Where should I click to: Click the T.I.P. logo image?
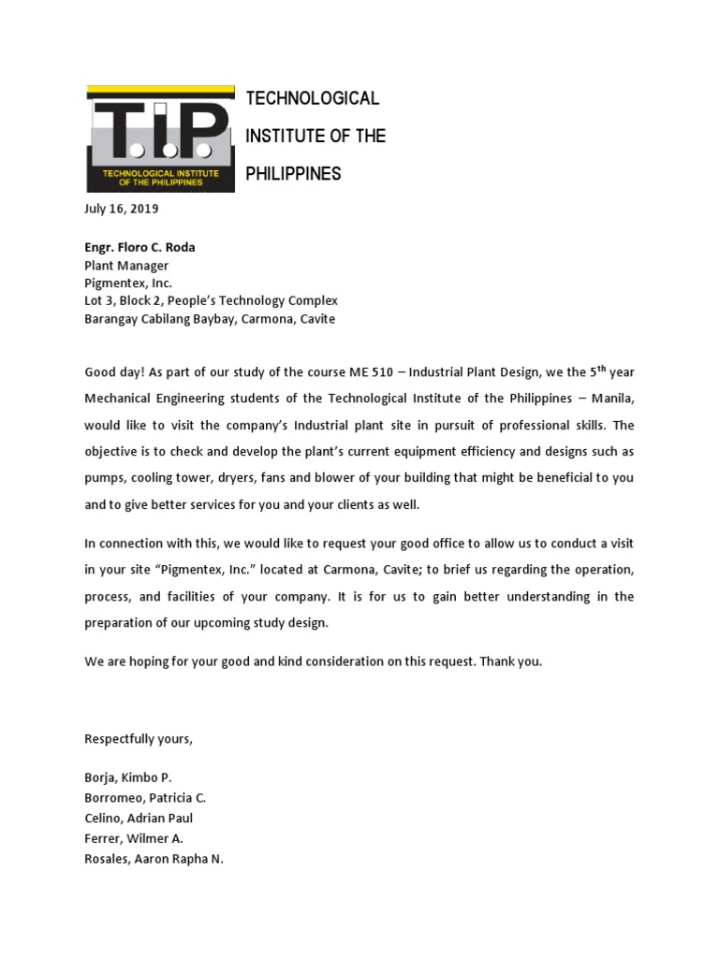pyautogui.click(x=159, y=138)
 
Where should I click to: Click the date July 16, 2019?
pyautogui.click(x=122, y=209)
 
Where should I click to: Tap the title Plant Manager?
pyautogui.click(x=126, y=266)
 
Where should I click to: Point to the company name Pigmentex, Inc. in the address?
pyautogui.click(x=128, y=283)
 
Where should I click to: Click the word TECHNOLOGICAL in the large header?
pyautogui.click(x=312, y=98)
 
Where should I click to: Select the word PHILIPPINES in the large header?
pyautogui.click(x=293, y=174)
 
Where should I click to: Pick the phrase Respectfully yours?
pyautogui.click(x=139, y=739)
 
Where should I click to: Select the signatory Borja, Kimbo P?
pyautogui.click(x=128, y=777)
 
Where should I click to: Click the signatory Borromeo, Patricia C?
pyautogui.click(x=145, y=798)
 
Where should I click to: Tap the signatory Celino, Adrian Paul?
pyautogui.click(x=139, y=818)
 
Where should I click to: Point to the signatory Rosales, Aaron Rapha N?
pyautogui.click(x=154, y=858)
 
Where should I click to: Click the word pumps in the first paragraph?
pyautogui.click(x=104, y=477)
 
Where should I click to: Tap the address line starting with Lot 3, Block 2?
pyautogui.click(x=211, y=301)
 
